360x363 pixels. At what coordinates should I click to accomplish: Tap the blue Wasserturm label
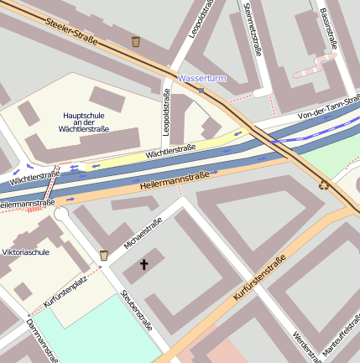pos(202,78)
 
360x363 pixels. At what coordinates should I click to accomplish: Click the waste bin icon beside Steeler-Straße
pos(136,41)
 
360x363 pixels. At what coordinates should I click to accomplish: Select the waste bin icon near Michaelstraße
pos(104,255)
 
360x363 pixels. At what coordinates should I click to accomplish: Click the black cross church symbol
pos(143,265)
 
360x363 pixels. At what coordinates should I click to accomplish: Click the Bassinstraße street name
pos(327,28)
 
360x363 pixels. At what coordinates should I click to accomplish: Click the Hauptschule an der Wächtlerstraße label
pos(85,122)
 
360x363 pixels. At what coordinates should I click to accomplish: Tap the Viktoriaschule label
pos(26,252)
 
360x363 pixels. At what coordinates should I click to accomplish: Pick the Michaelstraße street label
pos(142,234)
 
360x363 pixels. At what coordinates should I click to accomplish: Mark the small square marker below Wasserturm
pos(201,91)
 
